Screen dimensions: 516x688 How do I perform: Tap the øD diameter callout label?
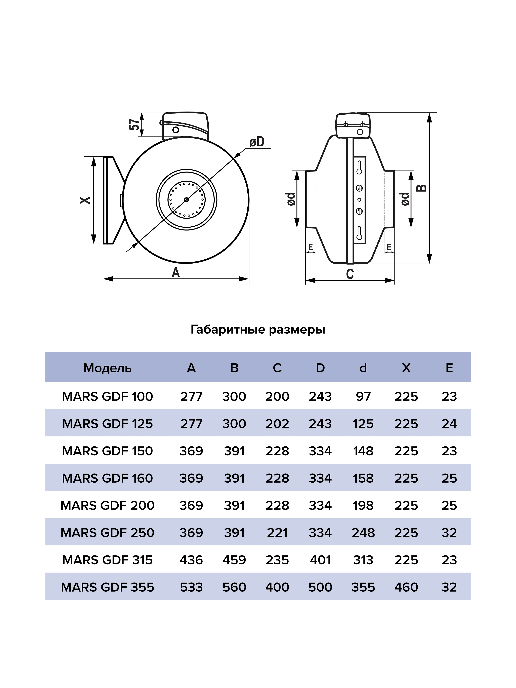[257, 142]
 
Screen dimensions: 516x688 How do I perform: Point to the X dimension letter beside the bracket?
[85, 200]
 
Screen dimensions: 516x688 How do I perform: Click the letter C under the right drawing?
[350, 274]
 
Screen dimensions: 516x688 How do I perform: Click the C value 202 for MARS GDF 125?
[277, 424]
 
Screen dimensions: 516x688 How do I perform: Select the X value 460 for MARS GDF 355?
[406, 587]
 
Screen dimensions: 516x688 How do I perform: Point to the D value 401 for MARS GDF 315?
[320, 560]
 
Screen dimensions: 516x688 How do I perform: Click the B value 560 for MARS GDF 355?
[234, 587]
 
